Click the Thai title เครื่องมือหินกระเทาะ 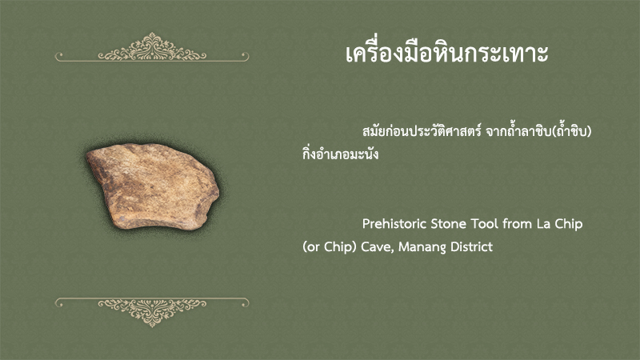click(x=447, y=53)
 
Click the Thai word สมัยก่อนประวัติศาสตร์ click(x=422, y=131)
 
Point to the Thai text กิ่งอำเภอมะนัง click(x=341, y=153)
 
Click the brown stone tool click(x=153, y=186)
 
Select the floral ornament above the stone click(x=152, y=47)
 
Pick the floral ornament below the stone click(x=152, y=312)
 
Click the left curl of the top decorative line click(x=59, y=55)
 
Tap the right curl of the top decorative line click(x=245, y=55)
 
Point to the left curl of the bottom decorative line click(x=59, y=302)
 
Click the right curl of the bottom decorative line click(x=245, y=302)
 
